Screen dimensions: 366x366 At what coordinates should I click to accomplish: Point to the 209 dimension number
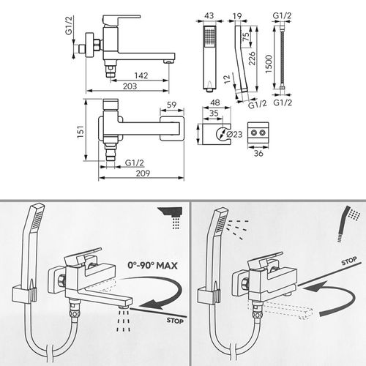(143, 174)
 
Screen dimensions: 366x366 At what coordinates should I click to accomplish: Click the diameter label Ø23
(234, 134)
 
